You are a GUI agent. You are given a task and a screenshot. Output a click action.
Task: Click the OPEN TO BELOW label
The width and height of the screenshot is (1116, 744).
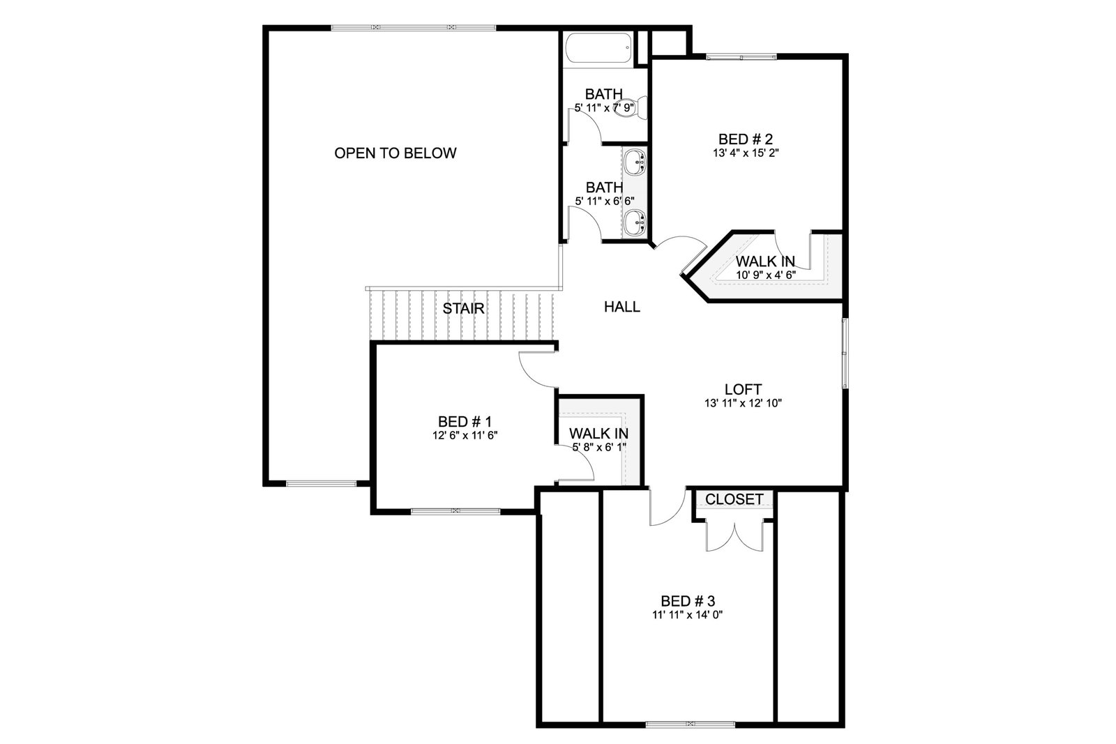pos(395,153)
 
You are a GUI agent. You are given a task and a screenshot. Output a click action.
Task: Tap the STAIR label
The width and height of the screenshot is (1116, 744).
pos(463,309)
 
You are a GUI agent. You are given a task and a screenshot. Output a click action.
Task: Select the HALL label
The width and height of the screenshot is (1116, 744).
pos(621,307)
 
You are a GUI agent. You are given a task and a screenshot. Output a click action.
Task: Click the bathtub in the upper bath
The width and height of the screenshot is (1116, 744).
pos(599,48)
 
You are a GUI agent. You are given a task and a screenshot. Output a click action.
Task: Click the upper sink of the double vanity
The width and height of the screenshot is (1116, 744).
pos(635,162)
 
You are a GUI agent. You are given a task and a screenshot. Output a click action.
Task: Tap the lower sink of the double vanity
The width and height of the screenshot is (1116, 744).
pos(635,222)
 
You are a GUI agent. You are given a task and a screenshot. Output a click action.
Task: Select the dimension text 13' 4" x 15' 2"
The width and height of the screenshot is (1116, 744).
pos(746,153)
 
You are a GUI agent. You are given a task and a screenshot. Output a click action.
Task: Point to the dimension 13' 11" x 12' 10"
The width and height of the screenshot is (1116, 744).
pos(743,403)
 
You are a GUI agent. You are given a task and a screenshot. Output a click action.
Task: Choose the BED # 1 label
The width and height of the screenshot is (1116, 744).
pos(465,422)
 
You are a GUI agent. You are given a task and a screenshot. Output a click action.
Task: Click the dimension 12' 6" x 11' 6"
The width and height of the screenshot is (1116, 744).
pos(465,436)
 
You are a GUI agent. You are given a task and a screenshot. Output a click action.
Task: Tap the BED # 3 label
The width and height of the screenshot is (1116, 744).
pos(688,600)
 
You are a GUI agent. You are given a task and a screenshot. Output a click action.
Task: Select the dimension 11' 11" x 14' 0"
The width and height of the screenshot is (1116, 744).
pos(688,615)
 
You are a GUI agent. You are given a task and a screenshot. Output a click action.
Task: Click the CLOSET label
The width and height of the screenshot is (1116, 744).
pos(734,499)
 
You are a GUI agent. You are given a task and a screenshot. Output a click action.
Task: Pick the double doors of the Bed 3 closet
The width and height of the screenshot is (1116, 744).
pos(734,536)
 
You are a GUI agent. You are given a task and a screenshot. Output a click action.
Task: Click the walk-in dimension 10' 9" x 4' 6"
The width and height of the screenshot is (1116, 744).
pos(766,275)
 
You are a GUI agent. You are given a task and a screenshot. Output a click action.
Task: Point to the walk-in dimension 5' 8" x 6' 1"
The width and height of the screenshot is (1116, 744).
pos(599,447)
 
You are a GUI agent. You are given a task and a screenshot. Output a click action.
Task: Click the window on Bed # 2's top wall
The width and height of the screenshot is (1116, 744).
pos(741,57)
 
